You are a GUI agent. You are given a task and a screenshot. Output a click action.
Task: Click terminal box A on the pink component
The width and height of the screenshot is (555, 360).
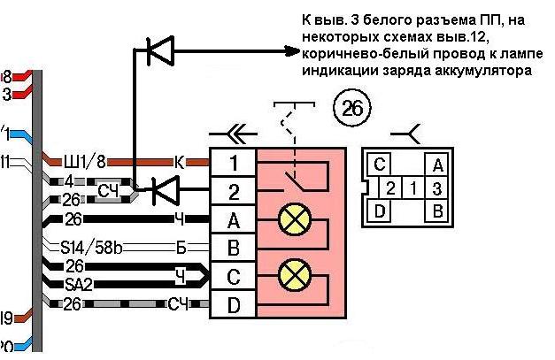click(x=233, y=218)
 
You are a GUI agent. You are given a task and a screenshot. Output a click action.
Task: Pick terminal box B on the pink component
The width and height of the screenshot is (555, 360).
click(x=233, y=247)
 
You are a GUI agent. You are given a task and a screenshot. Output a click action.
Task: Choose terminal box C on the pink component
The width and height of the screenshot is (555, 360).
click(x=233, y=276)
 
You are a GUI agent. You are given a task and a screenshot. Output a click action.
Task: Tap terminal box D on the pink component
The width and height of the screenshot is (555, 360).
click(x=233, y=304)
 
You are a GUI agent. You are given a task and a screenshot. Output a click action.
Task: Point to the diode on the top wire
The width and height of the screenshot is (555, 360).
click(x=160, y=54)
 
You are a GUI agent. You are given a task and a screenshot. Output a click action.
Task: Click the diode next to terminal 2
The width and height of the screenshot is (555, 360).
click(x=163, y=188)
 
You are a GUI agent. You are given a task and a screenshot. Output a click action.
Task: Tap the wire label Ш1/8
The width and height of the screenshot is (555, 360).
click(x=85, y=161)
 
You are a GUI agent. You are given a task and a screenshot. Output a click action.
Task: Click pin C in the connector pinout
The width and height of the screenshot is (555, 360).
click(x=379, y=165)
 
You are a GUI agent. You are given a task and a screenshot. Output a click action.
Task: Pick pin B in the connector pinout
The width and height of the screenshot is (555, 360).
click(x=436, y=211)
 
